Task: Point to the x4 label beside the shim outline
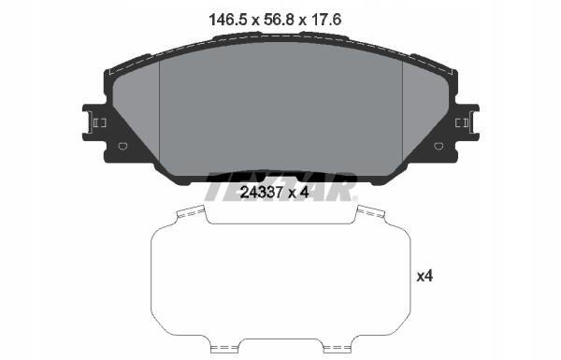coord(425,276)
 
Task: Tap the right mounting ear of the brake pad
coord(465,122)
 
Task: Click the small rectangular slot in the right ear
coord(460,122)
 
